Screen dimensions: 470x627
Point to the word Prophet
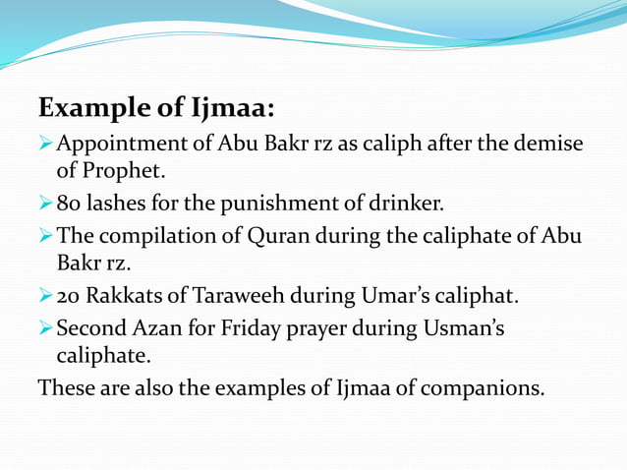coord(121,172)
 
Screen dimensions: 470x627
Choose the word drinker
coord(408,206)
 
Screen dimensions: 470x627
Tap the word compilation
coord(154,237)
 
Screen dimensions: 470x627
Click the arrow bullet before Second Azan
coord(45,328)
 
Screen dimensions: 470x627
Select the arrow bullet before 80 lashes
coord(45,206)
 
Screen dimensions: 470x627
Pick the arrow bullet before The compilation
coord(45,237)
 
